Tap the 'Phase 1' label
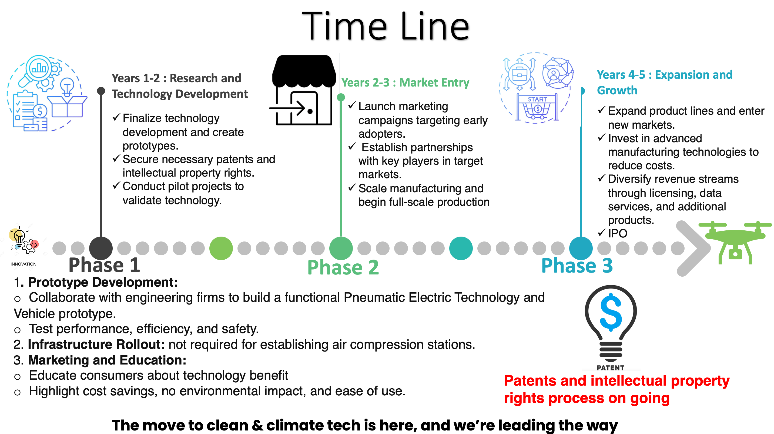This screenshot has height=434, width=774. point(104,265)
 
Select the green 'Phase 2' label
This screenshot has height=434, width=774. point(343,267)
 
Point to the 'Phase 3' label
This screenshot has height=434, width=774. point(577,266)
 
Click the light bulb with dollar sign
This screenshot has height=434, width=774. point(611,324)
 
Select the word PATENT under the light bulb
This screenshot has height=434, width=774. point(610,367)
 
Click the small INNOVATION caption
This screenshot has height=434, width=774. point(24,264)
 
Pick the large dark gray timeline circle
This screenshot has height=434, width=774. point(101,249)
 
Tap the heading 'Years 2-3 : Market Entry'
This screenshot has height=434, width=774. point(405,82)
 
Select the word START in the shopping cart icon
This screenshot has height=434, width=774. point(537,99)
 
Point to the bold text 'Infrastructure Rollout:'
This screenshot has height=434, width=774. point(96,344)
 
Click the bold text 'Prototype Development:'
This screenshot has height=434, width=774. point(103,282)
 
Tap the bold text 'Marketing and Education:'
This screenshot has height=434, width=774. point(107,360)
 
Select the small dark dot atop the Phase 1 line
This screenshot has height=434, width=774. point(101,91)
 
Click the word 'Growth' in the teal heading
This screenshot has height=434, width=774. point(617,90)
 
